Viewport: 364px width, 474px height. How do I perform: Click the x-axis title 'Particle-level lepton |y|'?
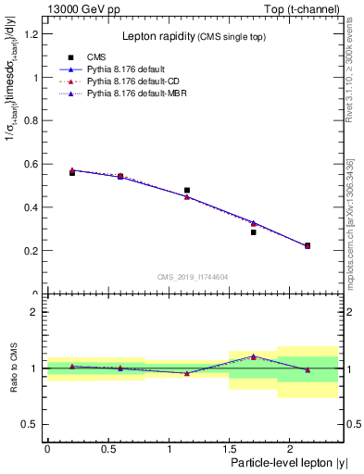tap(282, 462)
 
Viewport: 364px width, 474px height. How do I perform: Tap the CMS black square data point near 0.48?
tap(187, 190)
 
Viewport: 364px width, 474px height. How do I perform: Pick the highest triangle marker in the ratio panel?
tap(253, 355)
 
